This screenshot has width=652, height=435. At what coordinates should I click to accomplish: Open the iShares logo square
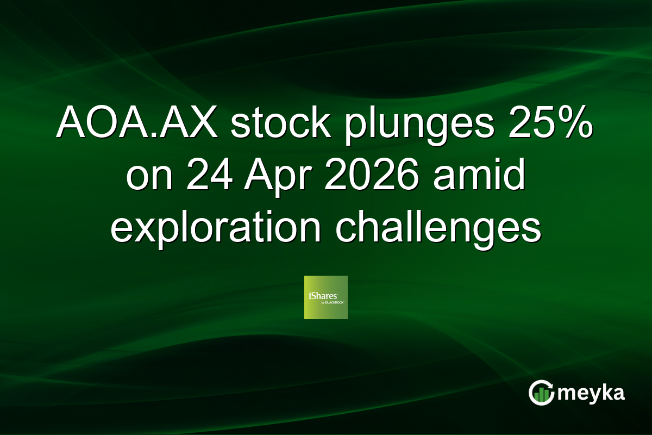[x=326, y=297]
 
